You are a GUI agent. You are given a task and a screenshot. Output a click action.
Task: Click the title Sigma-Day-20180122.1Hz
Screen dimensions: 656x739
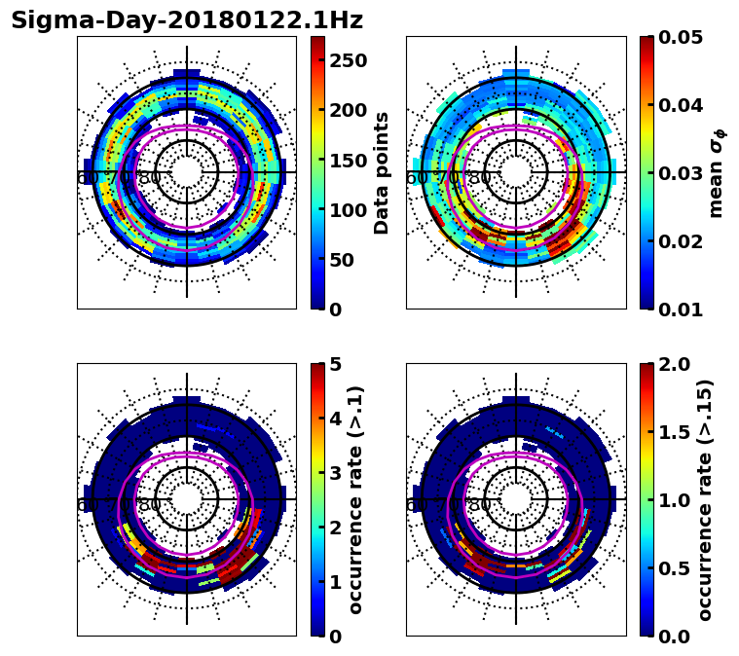187,20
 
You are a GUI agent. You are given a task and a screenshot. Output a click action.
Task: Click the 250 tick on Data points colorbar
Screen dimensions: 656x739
348,60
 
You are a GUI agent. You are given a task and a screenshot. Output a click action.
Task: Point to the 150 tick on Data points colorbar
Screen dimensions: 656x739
348,161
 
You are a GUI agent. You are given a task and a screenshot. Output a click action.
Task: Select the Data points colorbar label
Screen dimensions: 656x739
382,172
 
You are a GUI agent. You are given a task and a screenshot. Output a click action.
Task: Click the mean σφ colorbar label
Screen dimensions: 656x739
717,172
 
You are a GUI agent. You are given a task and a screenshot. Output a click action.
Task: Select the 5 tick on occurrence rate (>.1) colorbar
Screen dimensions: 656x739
336,364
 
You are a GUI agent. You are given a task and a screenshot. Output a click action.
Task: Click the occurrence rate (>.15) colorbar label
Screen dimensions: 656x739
705,499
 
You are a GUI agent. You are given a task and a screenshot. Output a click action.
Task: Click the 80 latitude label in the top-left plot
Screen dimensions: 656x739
150,178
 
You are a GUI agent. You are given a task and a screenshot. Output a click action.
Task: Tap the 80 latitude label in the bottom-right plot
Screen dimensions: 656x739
479,505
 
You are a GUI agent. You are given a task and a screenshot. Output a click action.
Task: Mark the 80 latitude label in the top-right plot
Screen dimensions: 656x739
479,178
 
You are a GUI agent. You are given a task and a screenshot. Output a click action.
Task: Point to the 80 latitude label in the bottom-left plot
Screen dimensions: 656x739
150,505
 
